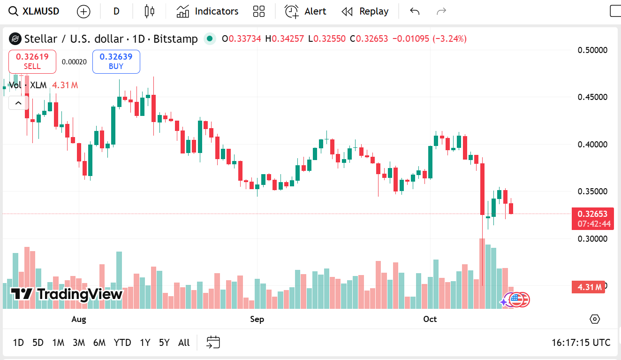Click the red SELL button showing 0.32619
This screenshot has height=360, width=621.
click(x=32, y=61)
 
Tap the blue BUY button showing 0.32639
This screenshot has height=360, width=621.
click(x=116, y=61)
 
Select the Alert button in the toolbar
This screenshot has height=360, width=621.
click(x=305, y=11)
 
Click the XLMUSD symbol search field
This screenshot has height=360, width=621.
click(x=35, y=11)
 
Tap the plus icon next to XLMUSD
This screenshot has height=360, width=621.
click(x=83, y=11)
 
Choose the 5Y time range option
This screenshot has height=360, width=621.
click(x=164, y=343)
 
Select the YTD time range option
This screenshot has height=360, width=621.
click(x=122, y=343)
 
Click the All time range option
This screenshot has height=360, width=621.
click(x=184, y=343)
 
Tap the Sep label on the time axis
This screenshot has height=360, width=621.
click(x=257, y=319)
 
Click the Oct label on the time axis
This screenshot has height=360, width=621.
click(x=430, y=319)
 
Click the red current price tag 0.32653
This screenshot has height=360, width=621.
click(x=592, y=214)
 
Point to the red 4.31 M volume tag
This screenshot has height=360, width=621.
click(x=588, y=287)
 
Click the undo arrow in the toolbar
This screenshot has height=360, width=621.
click(x=415, y=11)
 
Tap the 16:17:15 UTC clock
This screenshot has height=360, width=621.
click(x=581, y=343)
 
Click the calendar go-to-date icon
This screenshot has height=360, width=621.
click(x=213, y=343)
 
